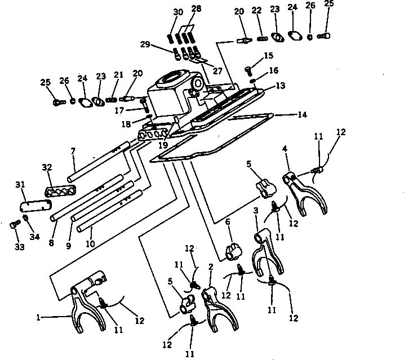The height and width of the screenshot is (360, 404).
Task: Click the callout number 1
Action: [x=38, y=317]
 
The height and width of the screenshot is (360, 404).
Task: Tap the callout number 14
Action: [x=303, y=115]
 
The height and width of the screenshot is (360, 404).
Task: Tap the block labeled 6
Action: [x=232, y=251]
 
